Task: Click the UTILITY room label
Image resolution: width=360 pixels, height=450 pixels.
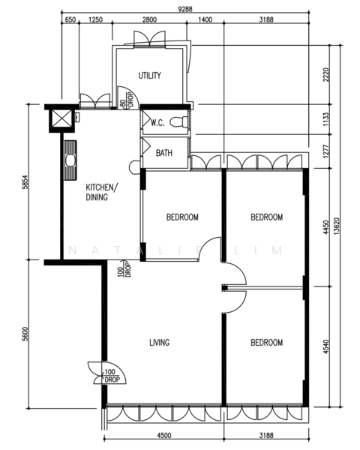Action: coord(149,76)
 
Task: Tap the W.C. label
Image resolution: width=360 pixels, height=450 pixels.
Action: coord(157,123)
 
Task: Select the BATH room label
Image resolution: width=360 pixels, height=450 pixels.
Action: coord(164,153)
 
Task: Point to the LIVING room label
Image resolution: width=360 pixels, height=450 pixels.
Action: coord(160,343)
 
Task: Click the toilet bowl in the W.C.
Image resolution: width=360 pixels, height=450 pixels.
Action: coord(178,122)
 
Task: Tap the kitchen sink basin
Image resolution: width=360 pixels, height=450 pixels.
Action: coord(70,160)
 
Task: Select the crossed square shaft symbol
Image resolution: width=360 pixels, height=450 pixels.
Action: coord(61,119)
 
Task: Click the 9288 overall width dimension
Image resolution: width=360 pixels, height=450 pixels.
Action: coord(185,9)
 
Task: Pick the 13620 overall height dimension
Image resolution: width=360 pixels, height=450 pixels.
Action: coord(337,226)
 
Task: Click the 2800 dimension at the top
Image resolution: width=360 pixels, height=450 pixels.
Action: coord(149,19)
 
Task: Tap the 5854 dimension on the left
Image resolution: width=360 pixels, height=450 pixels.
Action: coord(25,182)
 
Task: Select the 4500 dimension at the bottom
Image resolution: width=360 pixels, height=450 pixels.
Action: coord(164,435)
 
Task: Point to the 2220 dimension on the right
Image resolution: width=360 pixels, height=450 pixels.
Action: coord(325,74)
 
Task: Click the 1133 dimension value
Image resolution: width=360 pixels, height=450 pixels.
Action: coord(325,119)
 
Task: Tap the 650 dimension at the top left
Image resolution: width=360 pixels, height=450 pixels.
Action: coord(70,19)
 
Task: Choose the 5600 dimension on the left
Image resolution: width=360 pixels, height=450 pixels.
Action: coord(25,334)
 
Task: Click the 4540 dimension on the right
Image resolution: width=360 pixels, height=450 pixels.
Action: coord(325,346)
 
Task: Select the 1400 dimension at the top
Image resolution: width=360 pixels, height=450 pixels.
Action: coord(205,19)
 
